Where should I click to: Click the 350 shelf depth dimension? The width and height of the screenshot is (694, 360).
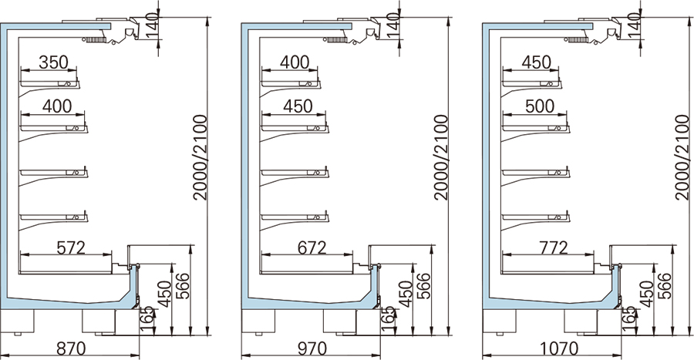tap(53, 62)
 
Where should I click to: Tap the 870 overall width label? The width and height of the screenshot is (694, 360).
tap(71, 348)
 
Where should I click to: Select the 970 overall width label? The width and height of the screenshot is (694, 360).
tap(312, 348)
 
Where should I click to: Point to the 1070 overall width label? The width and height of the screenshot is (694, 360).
tap(558, 348)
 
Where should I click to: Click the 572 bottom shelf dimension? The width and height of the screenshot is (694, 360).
tap(71, 247)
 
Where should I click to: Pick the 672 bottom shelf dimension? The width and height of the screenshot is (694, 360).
tap(312, 247)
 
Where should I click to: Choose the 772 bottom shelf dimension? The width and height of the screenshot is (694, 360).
tap(553, 247)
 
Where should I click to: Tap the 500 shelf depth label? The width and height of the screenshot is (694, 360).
tap(540, 106)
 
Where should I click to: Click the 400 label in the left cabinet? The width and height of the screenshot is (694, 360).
tap(57, 106)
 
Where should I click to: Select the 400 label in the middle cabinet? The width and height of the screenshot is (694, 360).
tap(295, 62)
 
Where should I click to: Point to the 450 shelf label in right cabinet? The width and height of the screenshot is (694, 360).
tap(536, 62)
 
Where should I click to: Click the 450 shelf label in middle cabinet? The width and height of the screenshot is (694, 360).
tap(298, 106)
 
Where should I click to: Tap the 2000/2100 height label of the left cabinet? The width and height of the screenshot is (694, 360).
tap(200, 157)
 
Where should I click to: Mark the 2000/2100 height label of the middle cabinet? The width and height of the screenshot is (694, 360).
tap(441, 157)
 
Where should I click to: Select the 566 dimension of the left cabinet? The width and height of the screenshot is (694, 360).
tap(182, 286)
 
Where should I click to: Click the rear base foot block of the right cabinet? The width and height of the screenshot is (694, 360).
tap(499, 321)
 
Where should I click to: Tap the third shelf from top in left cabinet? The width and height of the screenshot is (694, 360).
tap(54, 173)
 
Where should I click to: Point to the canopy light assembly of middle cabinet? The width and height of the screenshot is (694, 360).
tap(353, 31)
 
